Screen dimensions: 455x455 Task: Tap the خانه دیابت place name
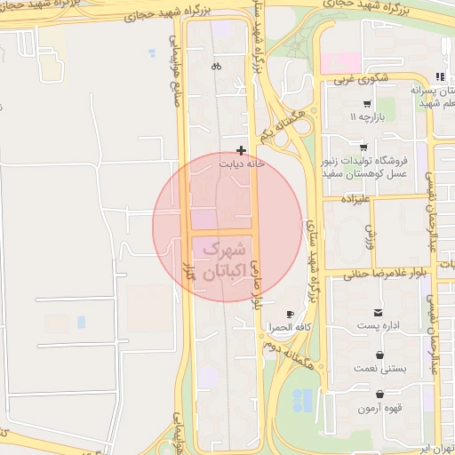point(242,164)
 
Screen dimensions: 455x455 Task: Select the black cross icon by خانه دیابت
point(241,150)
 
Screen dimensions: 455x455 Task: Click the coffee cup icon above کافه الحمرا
point(291,315)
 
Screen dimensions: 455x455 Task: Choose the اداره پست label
point(379,326)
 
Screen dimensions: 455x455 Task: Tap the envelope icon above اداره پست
point(379,313)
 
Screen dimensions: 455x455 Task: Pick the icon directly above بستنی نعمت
point(379,355)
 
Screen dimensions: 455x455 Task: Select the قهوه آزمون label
point(380,409)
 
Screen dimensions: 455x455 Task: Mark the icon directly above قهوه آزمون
point(379,396)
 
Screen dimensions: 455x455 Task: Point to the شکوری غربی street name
point(361,78)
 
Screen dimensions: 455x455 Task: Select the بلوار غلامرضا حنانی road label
point(374,272)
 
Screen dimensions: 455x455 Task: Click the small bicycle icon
point(217,67)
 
